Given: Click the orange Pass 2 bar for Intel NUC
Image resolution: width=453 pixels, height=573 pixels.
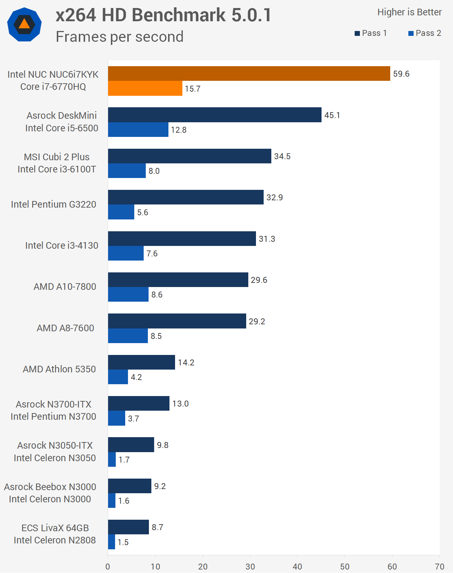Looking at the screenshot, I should pos(145,88).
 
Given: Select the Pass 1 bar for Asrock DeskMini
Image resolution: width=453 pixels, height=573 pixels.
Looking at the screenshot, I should pos(214,115).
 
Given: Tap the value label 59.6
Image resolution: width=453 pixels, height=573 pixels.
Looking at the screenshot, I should pos(401,74).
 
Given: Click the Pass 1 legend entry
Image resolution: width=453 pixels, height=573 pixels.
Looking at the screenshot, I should pos(371,33).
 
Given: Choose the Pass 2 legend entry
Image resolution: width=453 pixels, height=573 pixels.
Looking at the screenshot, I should pos(425,33).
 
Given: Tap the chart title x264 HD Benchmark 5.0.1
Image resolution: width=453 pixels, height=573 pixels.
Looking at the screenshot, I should pos(163,15).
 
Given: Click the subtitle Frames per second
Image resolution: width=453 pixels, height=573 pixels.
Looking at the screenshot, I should pos(120,37).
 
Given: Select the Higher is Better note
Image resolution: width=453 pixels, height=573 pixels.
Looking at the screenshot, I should pos(409,12).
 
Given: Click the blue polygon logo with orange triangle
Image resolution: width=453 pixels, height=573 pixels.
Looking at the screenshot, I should pos(24,24).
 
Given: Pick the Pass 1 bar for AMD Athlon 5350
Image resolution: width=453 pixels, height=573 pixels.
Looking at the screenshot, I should pos(141,362).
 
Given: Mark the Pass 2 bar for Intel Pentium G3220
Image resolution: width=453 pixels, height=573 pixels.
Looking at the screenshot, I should pos(121,212).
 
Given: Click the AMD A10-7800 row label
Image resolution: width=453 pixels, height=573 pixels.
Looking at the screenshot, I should pos(65,287).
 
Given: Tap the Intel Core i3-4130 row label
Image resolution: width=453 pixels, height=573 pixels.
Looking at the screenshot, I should pos(62,246).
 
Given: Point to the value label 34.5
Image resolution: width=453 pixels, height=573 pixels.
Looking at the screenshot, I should pos(282,156).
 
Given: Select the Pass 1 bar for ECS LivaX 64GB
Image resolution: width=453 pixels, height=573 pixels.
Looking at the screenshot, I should pos(128,527).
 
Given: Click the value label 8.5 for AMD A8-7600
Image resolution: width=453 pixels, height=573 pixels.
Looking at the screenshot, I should pos(156,336).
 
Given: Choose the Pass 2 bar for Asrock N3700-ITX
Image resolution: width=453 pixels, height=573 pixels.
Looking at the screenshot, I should pos(116,418).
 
